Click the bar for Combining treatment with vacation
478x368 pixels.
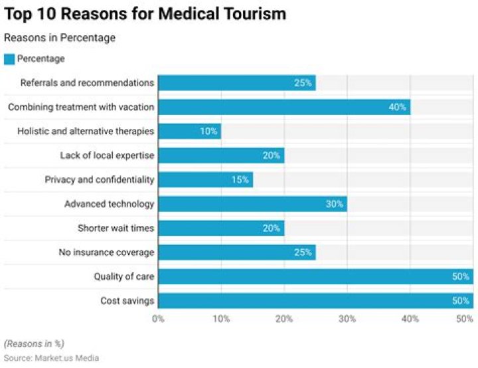pos(284,107)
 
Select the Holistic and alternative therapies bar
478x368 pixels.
pos(189,131)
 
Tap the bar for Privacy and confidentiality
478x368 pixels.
pos(205,179)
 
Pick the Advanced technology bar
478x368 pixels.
pos(252,204)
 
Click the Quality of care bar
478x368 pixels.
pos(315,276)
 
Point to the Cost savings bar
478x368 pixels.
pos(315,301)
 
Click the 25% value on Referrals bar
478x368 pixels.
pos(303,83)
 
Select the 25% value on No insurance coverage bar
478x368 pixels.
pos(303,252)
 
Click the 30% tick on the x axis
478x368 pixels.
pos(347,319)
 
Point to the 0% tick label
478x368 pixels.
pos(158,319)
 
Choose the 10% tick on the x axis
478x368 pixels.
pos(220,319)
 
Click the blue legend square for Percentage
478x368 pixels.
pos(9,59)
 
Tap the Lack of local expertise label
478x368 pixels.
pos(107,155)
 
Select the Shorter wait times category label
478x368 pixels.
pos(116,228)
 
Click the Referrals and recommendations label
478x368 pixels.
pos(87,83)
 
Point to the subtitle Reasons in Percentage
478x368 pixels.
pos(60,38)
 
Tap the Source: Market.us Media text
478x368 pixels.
pos(51,358)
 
